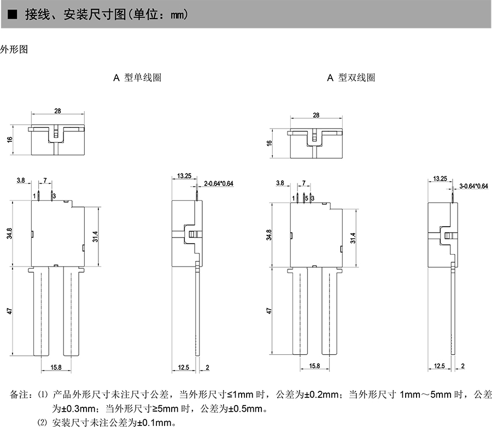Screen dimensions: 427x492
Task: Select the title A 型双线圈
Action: point(351,78)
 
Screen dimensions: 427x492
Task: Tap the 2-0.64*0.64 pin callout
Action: point(219,183)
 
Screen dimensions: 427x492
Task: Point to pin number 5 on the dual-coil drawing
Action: point(307,197)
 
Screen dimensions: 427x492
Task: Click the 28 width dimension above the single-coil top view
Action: point(57,111)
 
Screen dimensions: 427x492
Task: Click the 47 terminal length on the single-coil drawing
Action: point(9,310)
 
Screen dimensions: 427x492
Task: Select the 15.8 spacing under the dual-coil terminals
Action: point(314,366)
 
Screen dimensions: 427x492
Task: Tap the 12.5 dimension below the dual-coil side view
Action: point(439,366)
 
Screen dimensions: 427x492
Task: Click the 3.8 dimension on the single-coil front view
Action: point(21,180)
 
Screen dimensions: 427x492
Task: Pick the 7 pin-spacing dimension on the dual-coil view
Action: point(303,182)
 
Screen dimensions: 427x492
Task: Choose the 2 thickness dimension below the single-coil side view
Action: point(208,367)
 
